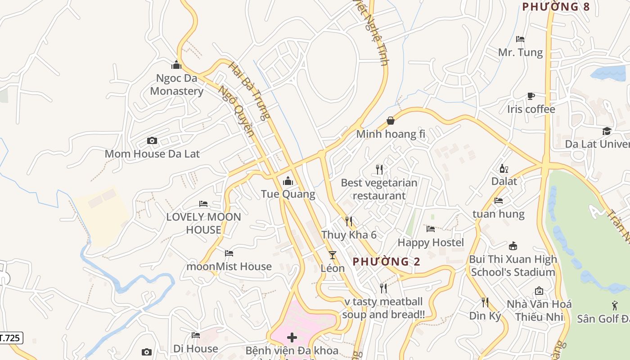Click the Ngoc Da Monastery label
coord(176,85)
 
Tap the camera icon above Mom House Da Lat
coord(152,140)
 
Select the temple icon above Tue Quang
coord(288,181)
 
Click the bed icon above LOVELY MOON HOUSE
coord(203,204)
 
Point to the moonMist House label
coord(229,266)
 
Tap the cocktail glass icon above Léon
coord(333,255)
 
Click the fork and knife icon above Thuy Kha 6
coord(349,221)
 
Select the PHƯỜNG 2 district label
coord(386,261)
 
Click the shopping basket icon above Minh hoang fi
coord(391,121)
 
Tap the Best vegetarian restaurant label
coord(379,189)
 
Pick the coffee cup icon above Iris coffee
coord(531,96)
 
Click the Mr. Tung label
coord(520,53)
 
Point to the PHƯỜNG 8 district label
coord(555,7)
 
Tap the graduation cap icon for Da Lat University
coord(607,131)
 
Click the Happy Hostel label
coord(431,243)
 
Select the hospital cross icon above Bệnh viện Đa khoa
coord(292,337)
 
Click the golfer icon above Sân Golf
coord(615,306)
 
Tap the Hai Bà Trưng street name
coord(249,91)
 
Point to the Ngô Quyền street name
coord(237,111)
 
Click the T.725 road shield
coord(10,338)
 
